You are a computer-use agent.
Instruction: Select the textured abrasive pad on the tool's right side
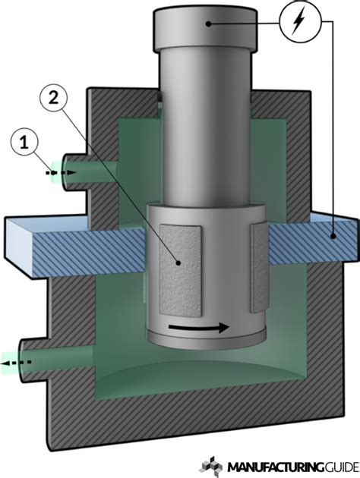[x=258, y=269]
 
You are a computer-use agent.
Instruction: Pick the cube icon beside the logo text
[x=213, y=464]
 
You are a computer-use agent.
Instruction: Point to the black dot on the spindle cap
[x=207, y=24]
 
